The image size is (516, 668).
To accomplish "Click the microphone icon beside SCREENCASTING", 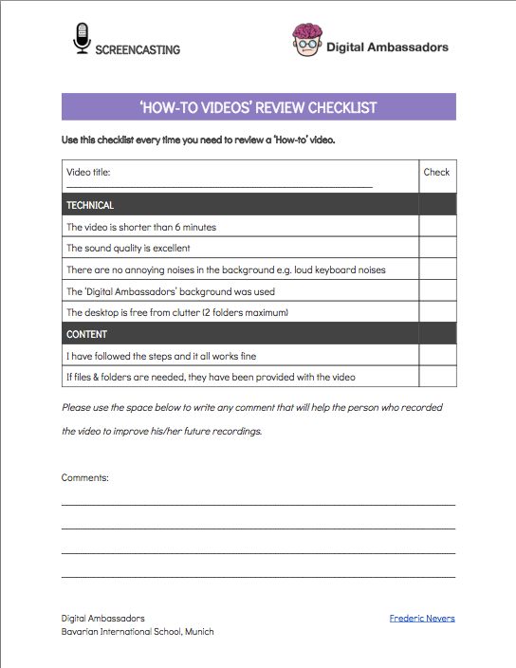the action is (x=82, y=38).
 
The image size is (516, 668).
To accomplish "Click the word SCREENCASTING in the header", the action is (x=138, y=49).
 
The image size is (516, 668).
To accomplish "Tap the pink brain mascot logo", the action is (x=307, y=41).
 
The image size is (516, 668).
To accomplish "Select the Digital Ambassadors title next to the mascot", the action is (x=387, y=46).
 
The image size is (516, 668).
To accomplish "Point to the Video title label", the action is (x=88, y=173).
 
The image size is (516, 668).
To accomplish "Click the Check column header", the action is (x=436, y=173).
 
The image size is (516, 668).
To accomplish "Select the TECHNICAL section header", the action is (x=90, y=205).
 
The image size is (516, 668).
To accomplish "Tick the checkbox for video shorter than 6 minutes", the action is (x=437, y=228).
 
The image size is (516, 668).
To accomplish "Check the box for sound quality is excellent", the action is (x=437, y=249).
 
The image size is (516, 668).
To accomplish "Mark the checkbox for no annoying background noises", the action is (x=437, y=270).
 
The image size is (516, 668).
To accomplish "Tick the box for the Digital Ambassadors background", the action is (x=437, y=291).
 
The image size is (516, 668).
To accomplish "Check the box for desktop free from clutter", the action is (x=437, y=312).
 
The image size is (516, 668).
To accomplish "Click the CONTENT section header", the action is (x=86, y=334).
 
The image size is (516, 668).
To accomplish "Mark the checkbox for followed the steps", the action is (x=437, y=356).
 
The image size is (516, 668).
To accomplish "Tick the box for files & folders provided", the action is (x=437, y=377).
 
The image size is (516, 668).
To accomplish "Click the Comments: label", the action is (x=85, y=477).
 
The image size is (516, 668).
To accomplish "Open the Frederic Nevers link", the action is (x=422, y=618).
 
